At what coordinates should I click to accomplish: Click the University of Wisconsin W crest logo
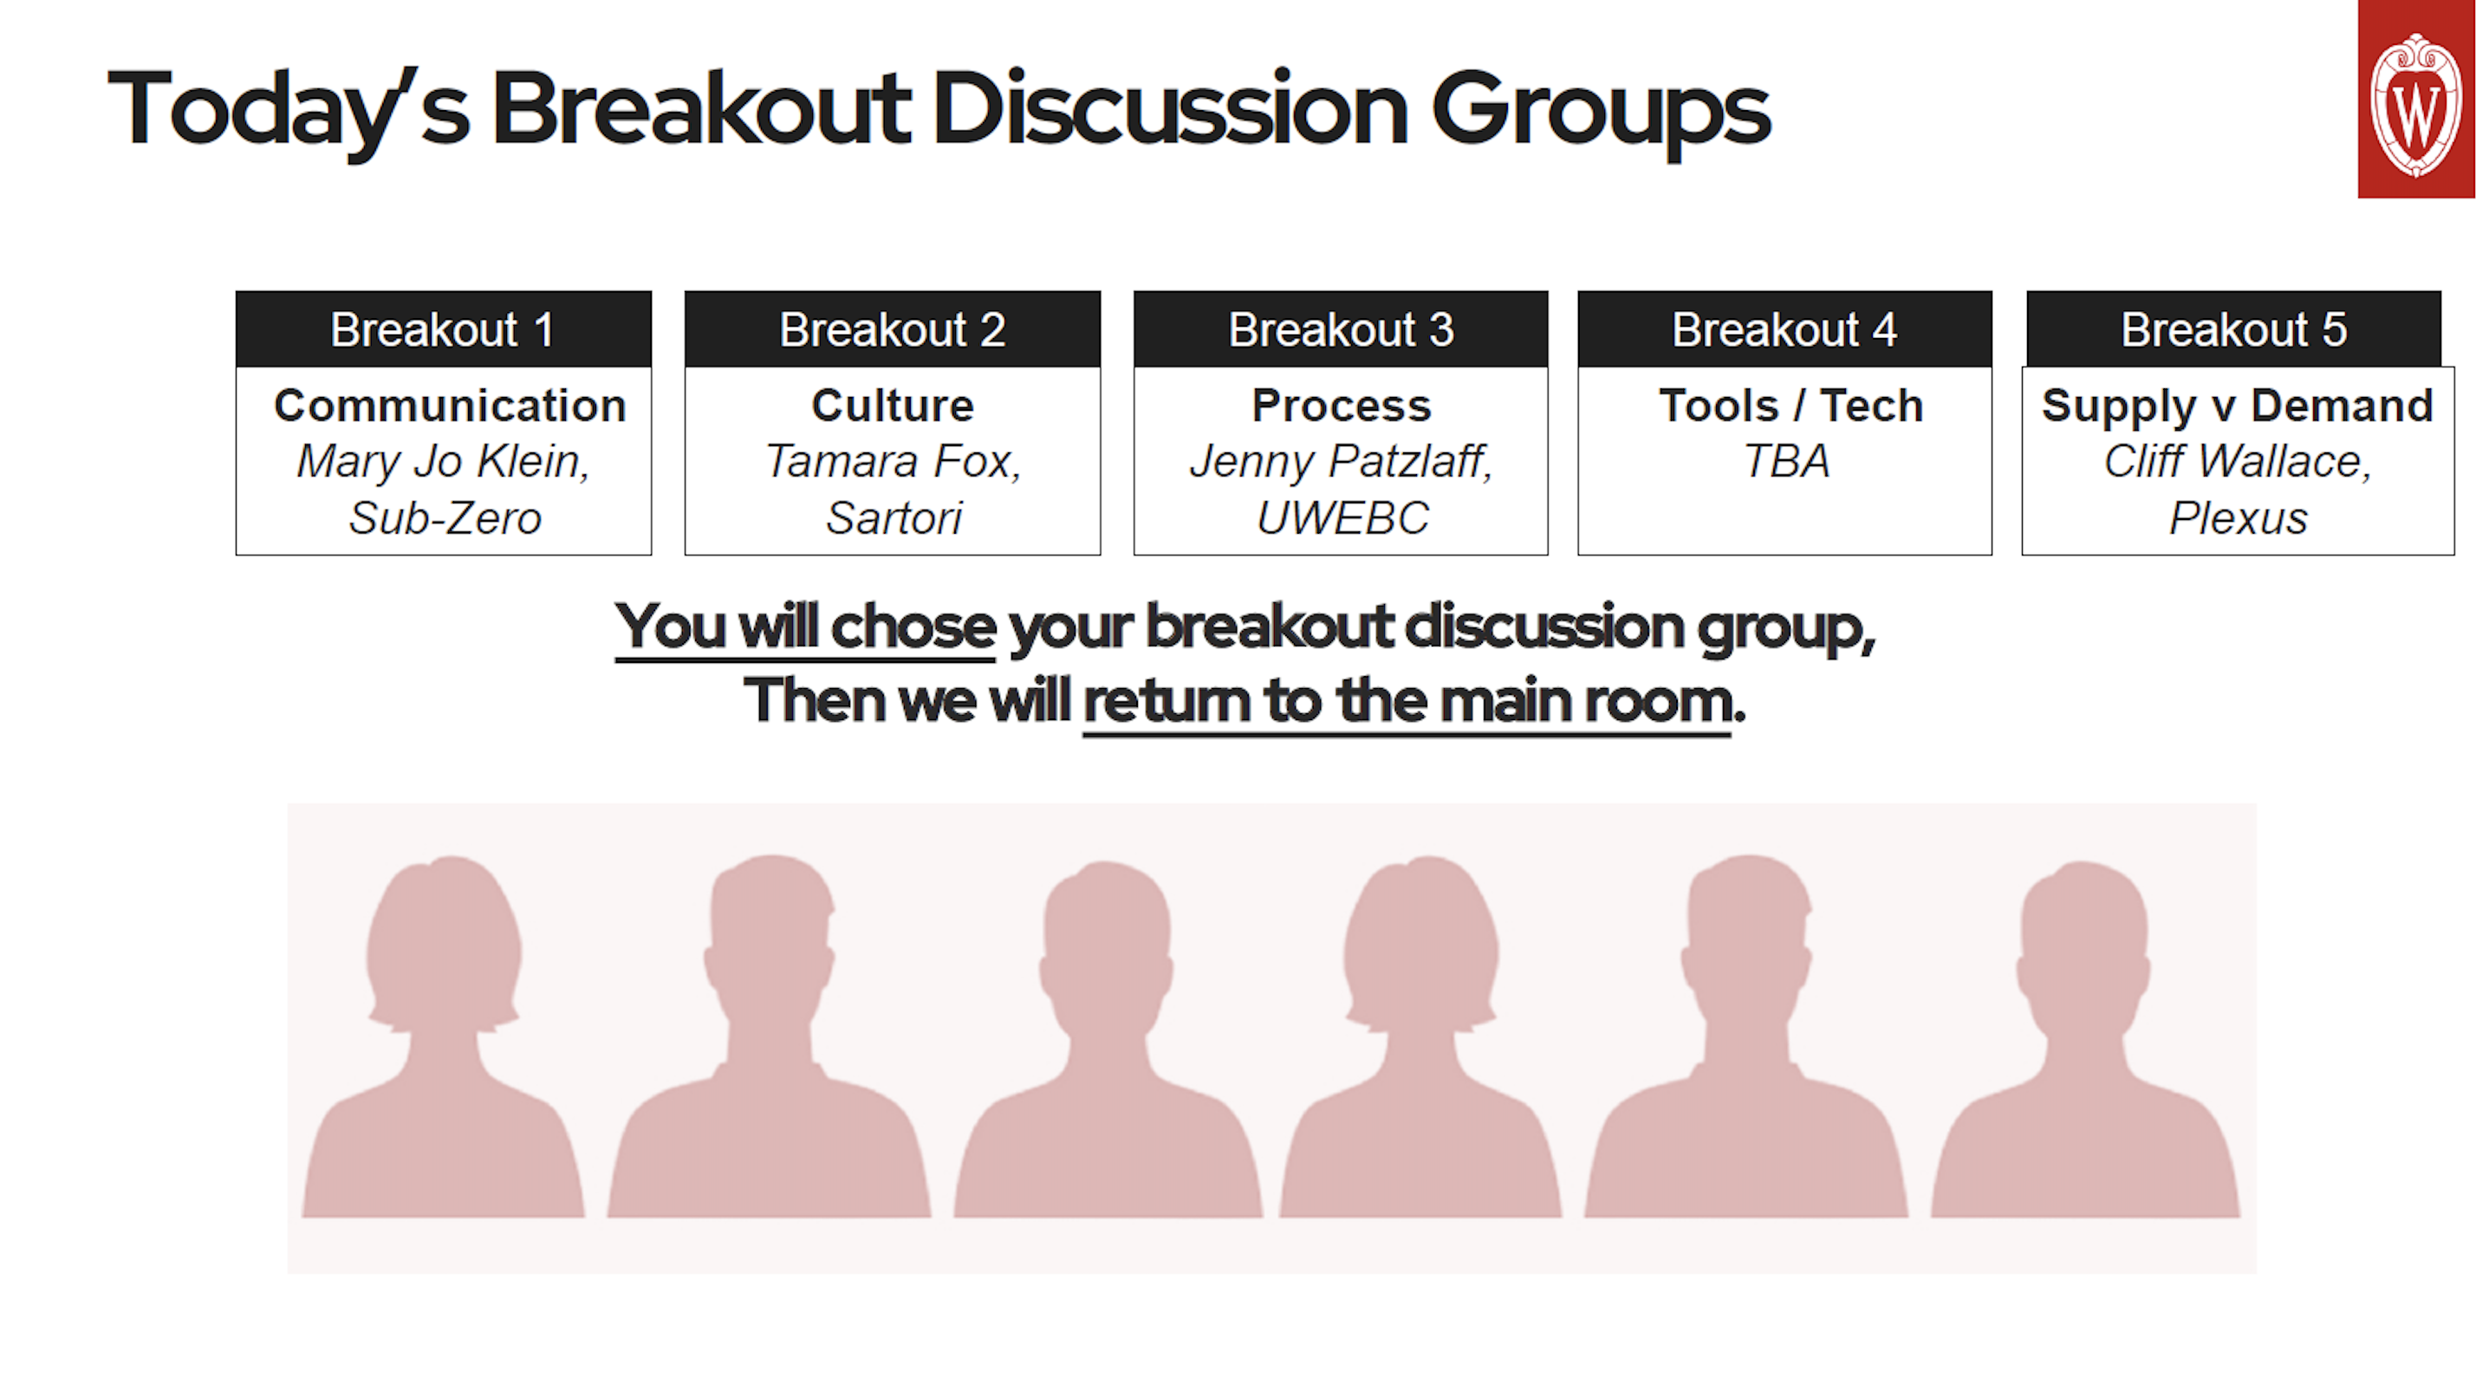pos(2414,101)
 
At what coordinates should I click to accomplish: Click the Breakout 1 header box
pos(444,329)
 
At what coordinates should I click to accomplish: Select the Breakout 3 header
pos(1340,329)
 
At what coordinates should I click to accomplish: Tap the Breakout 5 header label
pos(2233,329)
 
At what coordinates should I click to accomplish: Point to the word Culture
pos(892,406)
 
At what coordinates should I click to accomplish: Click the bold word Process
pos(1341,406)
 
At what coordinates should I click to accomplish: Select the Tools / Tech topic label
pos(1790,406)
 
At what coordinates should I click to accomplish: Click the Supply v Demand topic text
pos(2237,406)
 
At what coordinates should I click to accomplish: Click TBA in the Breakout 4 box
pos(1785,462)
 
